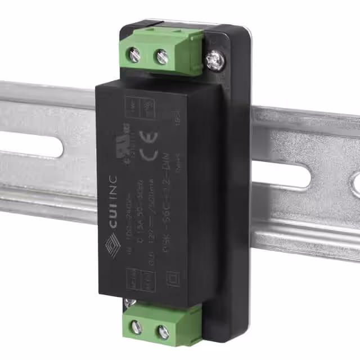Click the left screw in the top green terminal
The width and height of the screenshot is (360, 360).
(135, 55)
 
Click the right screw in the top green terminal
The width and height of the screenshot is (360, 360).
(161, 57)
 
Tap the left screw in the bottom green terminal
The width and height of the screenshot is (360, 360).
(136, 327)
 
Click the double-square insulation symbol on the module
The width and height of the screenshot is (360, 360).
(174, 279)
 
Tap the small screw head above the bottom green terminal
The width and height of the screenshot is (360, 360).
(130, 304)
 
